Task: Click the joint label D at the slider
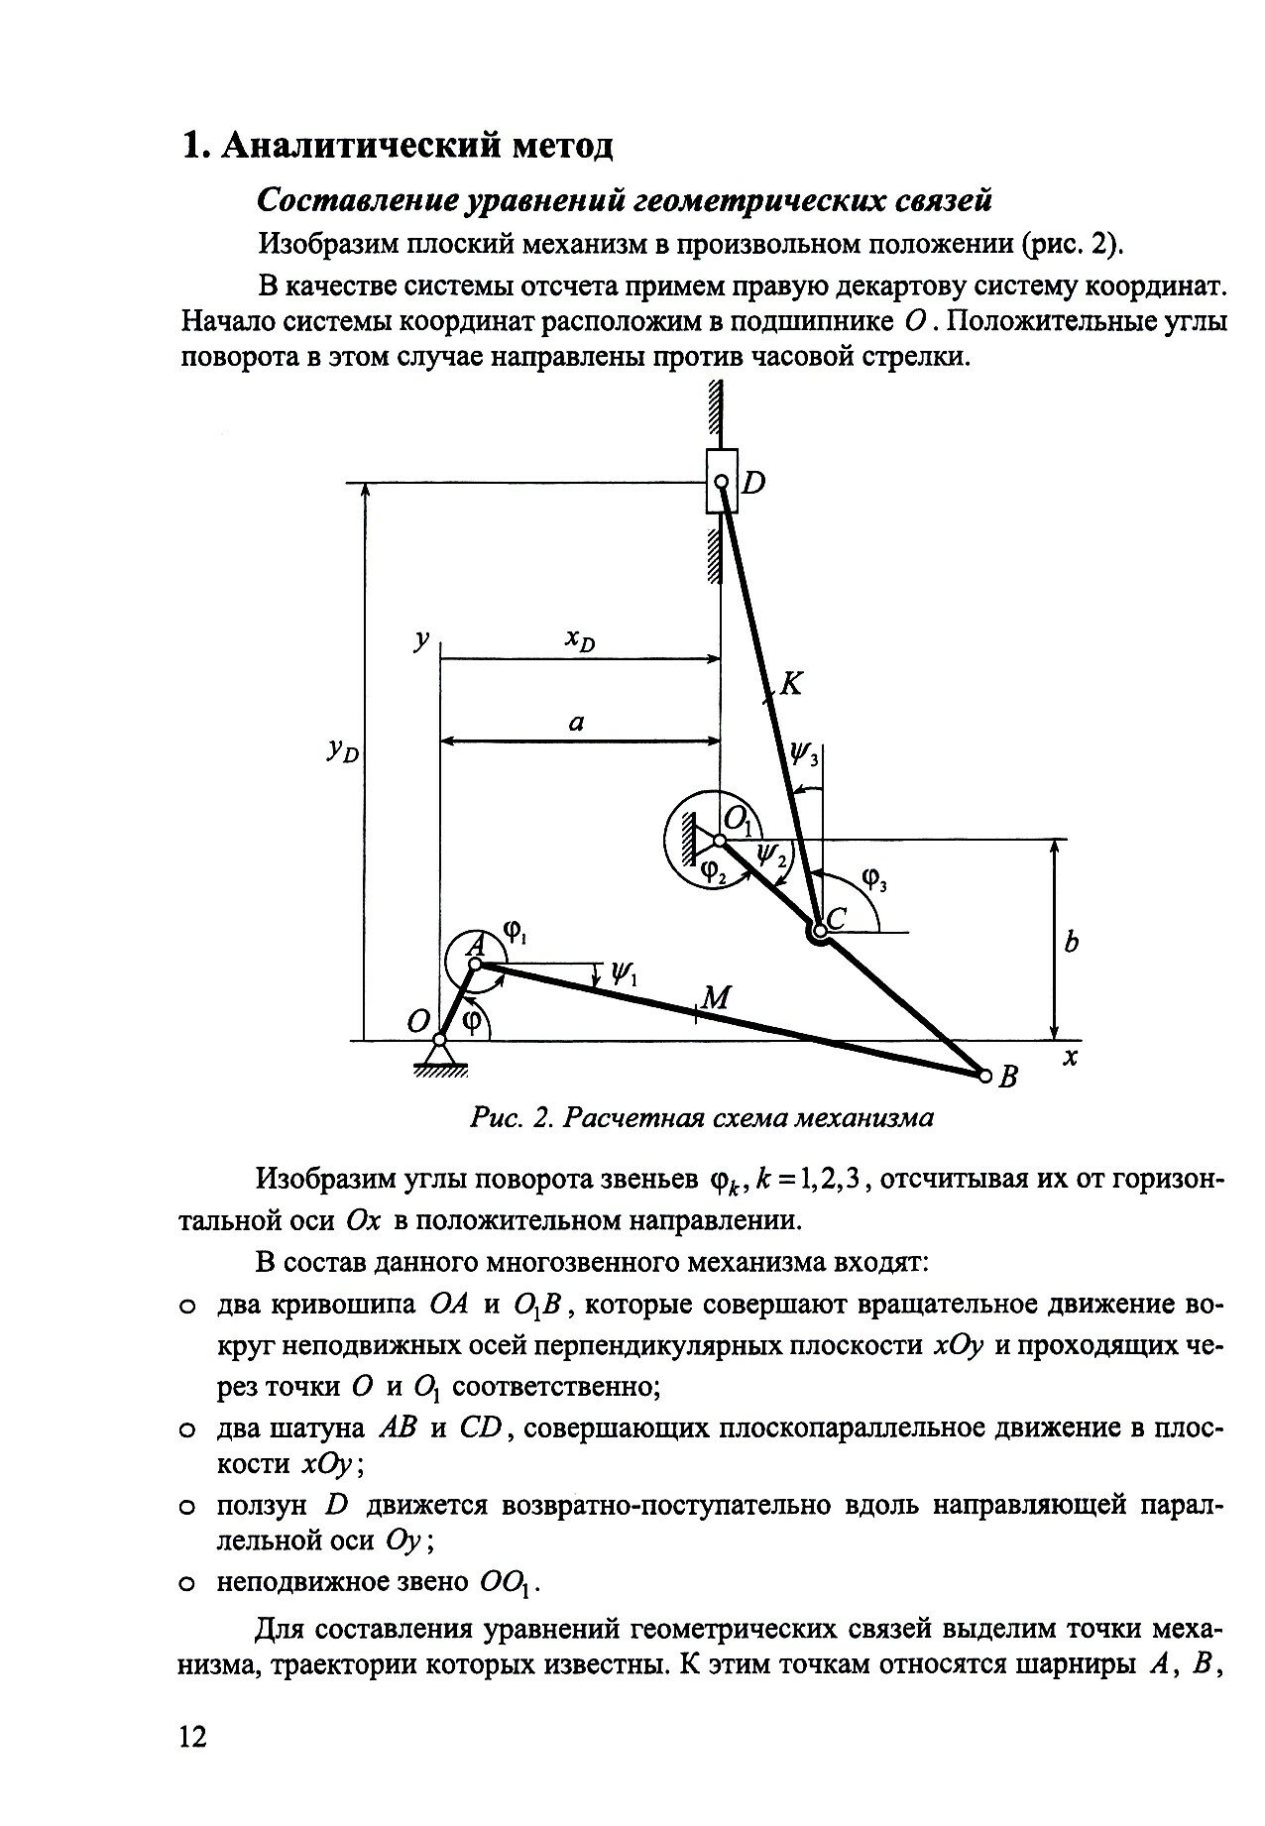point(754,484)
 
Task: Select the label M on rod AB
point(716,997)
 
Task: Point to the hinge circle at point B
point(984,1075)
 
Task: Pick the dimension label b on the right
point(1071,943)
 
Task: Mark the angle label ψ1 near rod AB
point(624,974)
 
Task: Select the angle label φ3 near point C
point(872,878)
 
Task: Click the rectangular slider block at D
point(721,482)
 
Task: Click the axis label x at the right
point(1070,1059)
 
